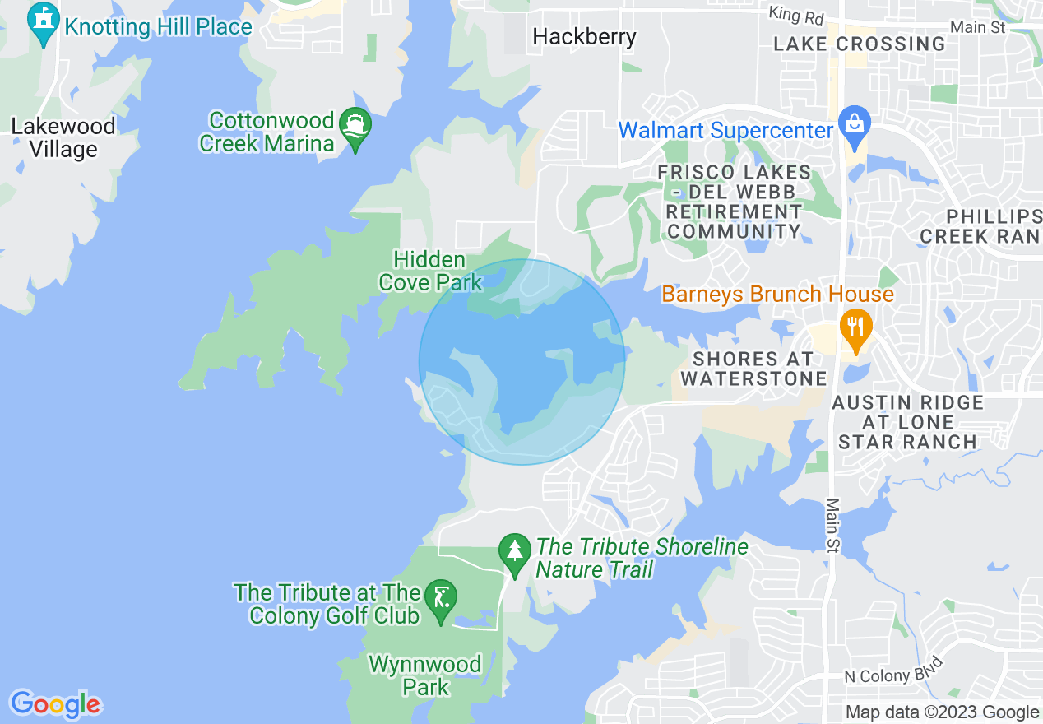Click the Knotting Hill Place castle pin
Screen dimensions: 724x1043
pyautogui.click(x=44, y=23)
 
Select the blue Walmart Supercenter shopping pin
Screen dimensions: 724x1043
pyautogui.click(x=855, y=128)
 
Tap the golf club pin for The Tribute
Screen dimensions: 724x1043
pyautogui.click(x=442, y=602)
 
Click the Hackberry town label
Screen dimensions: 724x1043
pyautogui.click(x=584, y=37)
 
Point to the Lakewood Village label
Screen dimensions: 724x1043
pyautogui.click(x=63, y=138)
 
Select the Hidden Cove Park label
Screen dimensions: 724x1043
pyautogui.click(x=429, y=271)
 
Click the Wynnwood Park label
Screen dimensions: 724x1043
pyautogui.click(x=425, y=675)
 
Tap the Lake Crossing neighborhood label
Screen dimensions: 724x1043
pyautogui.click(x=860, y=44)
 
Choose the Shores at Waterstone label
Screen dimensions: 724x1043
pyautogui.click(x=753, y=369)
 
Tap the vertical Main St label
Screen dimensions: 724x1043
pyautogui.click(x=834, y=525)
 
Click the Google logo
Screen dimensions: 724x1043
pyautogui.click(x=55, y=704)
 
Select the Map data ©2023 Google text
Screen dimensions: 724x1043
pyautogui.click(x=943, y=712)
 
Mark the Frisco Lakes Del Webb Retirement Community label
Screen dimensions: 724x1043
pyautogui.click(x=734, y=202)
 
